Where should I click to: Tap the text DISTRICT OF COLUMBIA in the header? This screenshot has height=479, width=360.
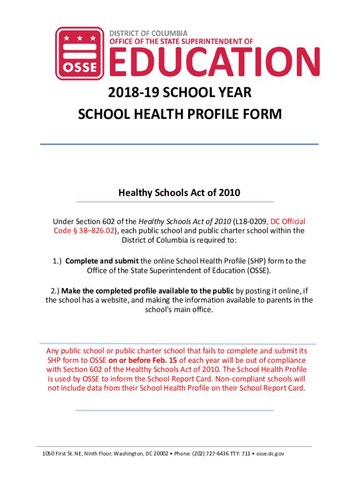tap(148, 33)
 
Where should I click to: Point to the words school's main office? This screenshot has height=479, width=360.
tap(179, 310)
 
